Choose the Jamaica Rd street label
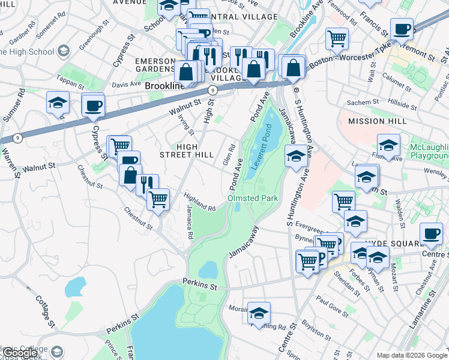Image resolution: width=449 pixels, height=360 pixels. pos(189,217)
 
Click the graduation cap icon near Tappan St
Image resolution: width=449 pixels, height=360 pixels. pos(58,101)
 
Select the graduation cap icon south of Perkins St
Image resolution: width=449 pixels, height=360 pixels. pos(259,312)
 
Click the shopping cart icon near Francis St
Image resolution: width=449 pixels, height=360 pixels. pos(337,38)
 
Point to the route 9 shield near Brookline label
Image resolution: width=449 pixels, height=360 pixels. pos(212,89)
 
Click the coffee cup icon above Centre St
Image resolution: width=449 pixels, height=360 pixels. pos(430,233)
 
